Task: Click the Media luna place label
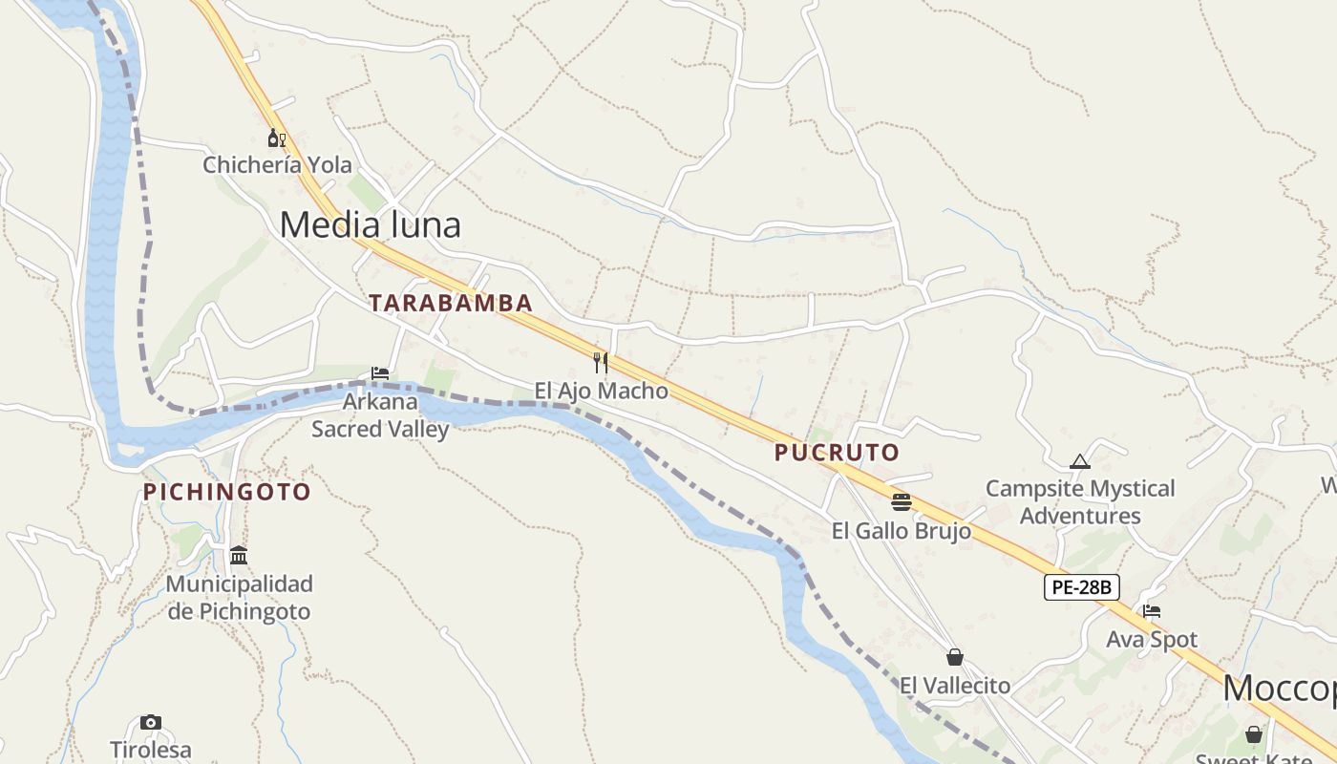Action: pos(371,224)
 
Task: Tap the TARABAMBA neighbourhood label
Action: pos(451,303)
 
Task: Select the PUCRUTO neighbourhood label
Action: pos(838,453)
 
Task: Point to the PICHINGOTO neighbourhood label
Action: pos(227,492)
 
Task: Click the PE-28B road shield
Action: pos(1081,586)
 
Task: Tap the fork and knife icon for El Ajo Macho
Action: pos(601,363)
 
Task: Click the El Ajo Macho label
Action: pos(601,391)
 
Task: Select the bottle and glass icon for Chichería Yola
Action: pos(277,138)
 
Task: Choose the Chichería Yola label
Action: pos(277,165)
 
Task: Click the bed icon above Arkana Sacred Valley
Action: pos(380,373)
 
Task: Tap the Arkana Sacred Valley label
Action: pos(380,415)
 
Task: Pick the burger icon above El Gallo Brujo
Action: pos(902,502)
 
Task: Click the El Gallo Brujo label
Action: pos(902,531)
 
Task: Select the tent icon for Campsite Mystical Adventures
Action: pos(1080,462)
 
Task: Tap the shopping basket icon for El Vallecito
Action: pos(955,657)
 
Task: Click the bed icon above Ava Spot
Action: pos(1152,611)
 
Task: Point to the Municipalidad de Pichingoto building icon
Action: pos(239,555)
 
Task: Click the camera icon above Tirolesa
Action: pos(151,722)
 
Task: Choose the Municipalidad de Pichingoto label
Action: pos(240,597)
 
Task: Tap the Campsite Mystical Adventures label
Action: pos(1080,502)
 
